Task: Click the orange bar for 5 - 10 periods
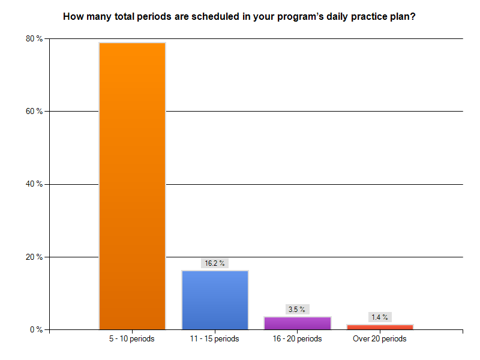[x=132, y=186]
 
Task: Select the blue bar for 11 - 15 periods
[x=215, y=299]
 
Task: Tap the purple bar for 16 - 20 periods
[x=297, y=323]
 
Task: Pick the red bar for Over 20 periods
[x=380, y=327]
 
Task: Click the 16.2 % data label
[x=215, y=263]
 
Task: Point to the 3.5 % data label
[x=297, y=310]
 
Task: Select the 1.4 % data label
[x=380, y=317]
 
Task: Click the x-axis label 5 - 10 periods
[x=132, y=339]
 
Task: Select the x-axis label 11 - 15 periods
[x=215, y=339]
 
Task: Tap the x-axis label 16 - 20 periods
[x=297, y=339]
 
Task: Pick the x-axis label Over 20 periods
[x=380, y=339]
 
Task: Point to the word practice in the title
[x=356, y=17]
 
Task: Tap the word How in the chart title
[x=73, y=17]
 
